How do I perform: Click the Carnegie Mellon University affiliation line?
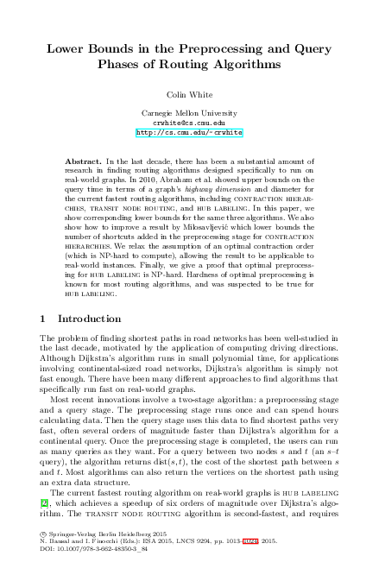point(189,114)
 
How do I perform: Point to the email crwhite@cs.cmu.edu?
point(189,123)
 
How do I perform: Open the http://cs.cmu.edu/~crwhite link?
point(189,133)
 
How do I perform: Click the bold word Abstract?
point(83,161)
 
